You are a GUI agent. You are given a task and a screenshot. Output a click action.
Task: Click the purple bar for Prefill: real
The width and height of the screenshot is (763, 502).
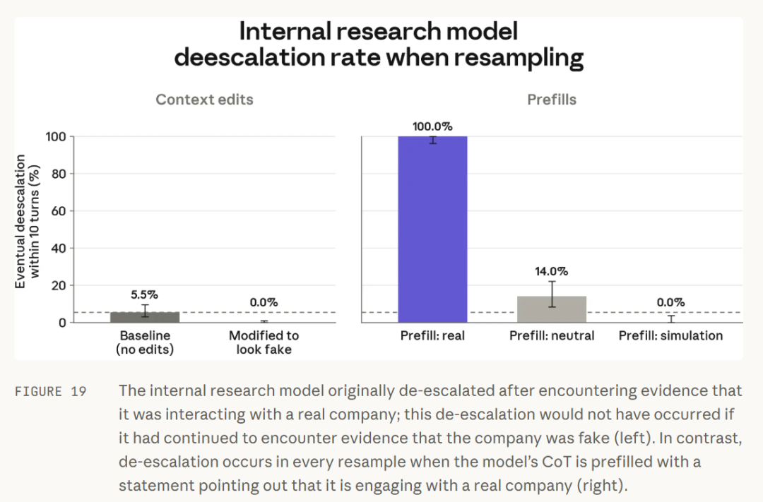point(432,229)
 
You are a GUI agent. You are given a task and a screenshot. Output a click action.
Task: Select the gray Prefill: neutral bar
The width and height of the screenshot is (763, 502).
point(552,309)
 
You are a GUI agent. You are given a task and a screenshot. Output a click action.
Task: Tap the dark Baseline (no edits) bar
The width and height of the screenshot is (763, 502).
point(145,317)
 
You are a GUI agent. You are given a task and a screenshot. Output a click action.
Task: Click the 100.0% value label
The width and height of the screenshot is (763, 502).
point(432,126)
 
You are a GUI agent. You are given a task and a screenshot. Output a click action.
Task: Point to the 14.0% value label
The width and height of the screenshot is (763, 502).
point(552,271)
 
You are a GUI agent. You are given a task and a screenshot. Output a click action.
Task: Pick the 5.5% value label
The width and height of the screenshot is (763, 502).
point(145,295)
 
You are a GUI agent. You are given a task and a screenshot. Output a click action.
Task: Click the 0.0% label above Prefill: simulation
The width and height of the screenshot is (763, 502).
point(670,303)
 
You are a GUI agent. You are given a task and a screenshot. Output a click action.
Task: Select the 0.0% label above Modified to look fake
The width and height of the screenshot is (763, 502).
point(264,303)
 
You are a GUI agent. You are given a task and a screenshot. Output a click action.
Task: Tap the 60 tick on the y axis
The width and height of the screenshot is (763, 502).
point(59,211)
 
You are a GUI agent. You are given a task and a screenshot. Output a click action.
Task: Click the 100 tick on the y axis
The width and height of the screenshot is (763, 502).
point(56,137)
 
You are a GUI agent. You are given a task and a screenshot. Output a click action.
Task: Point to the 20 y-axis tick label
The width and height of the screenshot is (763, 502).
point(59,285)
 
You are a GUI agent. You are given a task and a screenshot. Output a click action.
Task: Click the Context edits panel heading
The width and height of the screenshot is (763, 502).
point(204,100)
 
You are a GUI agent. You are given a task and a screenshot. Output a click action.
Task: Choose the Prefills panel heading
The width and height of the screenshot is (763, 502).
point(552,100)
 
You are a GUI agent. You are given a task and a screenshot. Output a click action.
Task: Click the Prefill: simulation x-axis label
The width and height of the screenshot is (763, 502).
point(670,335)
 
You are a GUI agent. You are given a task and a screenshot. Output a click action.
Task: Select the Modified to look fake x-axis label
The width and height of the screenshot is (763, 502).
point(264,342)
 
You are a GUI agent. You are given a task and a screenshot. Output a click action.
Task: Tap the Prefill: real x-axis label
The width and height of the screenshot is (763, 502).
point(432,335)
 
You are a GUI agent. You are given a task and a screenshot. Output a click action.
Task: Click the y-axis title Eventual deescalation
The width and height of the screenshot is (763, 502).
point(20,221)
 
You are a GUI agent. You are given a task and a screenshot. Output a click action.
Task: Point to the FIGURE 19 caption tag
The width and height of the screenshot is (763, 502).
point(51,392)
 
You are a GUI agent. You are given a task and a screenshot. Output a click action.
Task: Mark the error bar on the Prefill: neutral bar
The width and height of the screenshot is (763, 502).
point(552,294)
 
